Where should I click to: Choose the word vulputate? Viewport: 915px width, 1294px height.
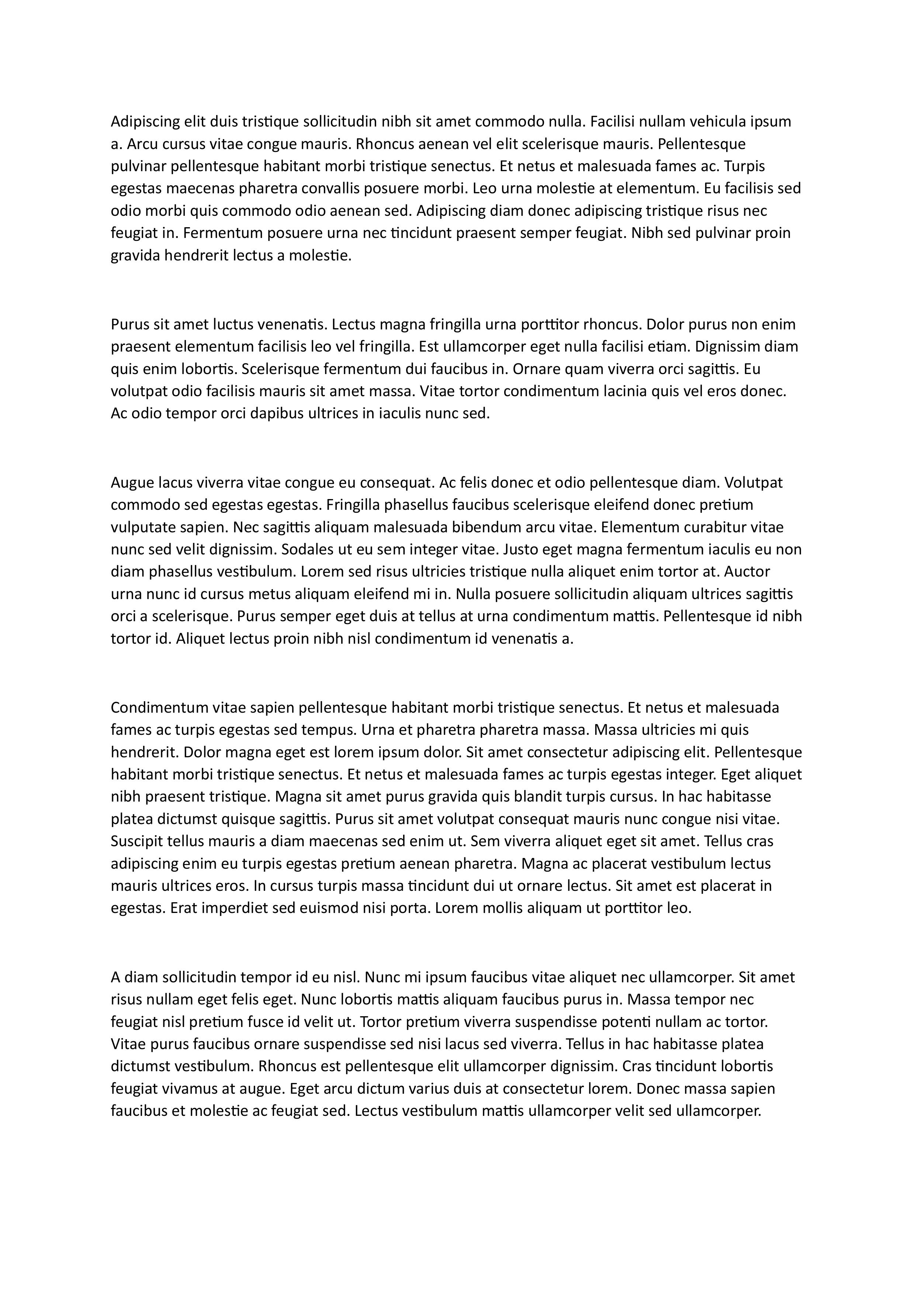click(141, 527)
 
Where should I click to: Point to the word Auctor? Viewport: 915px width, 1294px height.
click(747, 572)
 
